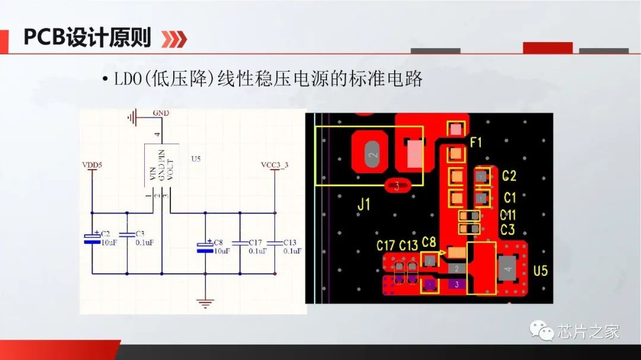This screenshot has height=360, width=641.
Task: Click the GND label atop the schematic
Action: coord(160,112)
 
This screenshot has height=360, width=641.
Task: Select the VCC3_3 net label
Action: coord(275,164)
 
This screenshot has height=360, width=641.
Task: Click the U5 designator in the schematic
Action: coord(196,159)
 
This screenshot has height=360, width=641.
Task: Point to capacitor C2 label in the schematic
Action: coord(105,234)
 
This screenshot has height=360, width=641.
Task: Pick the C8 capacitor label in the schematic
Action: coord(218,242)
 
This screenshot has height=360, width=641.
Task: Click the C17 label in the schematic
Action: coord(255,242)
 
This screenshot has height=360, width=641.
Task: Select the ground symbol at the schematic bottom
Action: coord(205,303)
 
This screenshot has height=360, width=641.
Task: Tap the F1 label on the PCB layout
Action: coord(476,142)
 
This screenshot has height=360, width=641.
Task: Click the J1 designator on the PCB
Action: coord(364,205)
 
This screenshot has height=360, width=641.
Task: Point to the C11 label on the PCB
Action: coord(508,215)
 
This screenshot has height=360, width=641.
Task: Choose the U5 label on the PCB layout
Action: coord(540,271)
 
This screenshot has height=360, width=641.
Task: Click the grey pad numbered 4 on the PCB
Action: coord(507,269)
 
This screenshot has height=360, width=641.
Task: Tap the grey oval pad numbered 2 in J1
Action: coord(372,155)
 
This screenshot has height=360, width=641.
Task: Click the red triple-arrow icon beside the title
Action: coord(174,39)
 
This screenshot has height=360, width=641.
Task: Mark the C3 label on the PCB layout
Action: coord(507,230)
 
